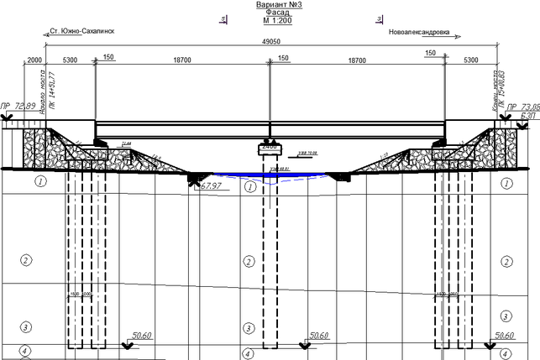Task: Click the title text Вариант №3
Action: click(270, 4)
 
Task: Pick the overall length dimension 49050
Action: click(270, 42)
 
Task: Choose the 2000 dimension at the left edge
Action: click(34, 60)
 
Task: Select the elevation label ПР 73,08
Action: click(522, 107)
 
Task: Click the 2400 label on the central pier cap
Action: click(270, 147)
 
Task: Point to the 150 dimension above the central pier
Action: click(283, 57)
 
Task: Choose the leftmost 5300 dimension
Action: click(70, 60)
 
